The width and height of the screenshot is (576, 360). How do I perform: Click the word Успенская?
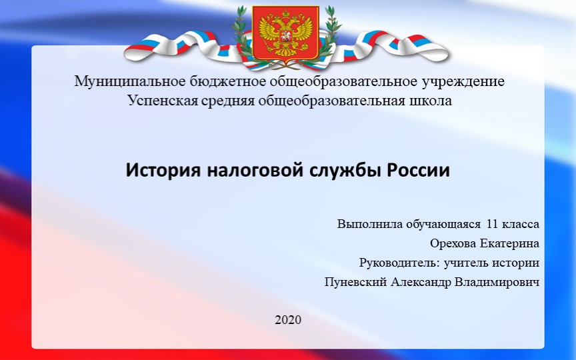coord(157,101)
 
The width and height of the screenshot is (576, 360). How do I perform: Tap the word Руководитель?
coord(395,263)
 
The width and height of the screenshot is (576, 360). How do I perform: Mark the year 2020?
coord(288,320)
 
